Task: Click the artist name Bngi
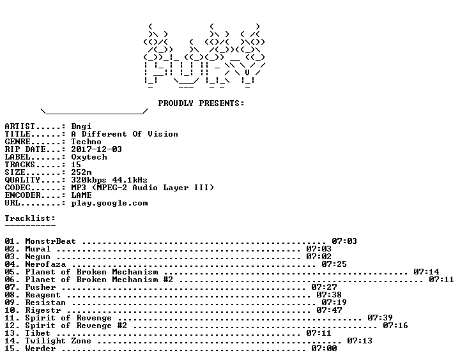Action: coord(81,126)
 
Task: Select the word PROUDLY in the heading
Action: coord(176,103)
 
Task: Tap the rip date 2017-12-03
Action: coord(96,149)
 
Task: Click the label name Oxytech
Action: coord(89,157)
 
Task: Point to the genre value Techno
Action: coord(86,142)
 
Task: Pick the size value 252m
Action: coord(81,172)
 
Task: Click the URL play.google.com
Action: coord(109,203)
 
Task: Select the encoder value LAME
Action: coord(81,195)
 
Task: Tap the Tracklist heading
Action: coord(30,218)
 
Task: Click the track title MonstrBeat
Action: coord(50,241)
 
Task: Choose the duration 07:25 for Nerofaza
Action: coord(334,264)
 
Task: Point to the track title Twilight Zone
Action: coord(58,341)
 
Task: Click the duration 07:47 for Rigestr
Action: coord(329,310)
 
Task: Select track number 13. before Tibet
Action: coord(12,333)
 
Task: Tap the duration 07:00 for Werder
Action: coord(324,349)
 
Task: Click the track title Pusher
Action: coord(40,287)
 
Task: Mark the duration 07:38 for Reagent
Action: coord(329,295)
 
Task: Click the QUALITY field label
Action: coord(22,180)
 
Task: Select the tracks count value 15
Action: coord(76,165)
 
